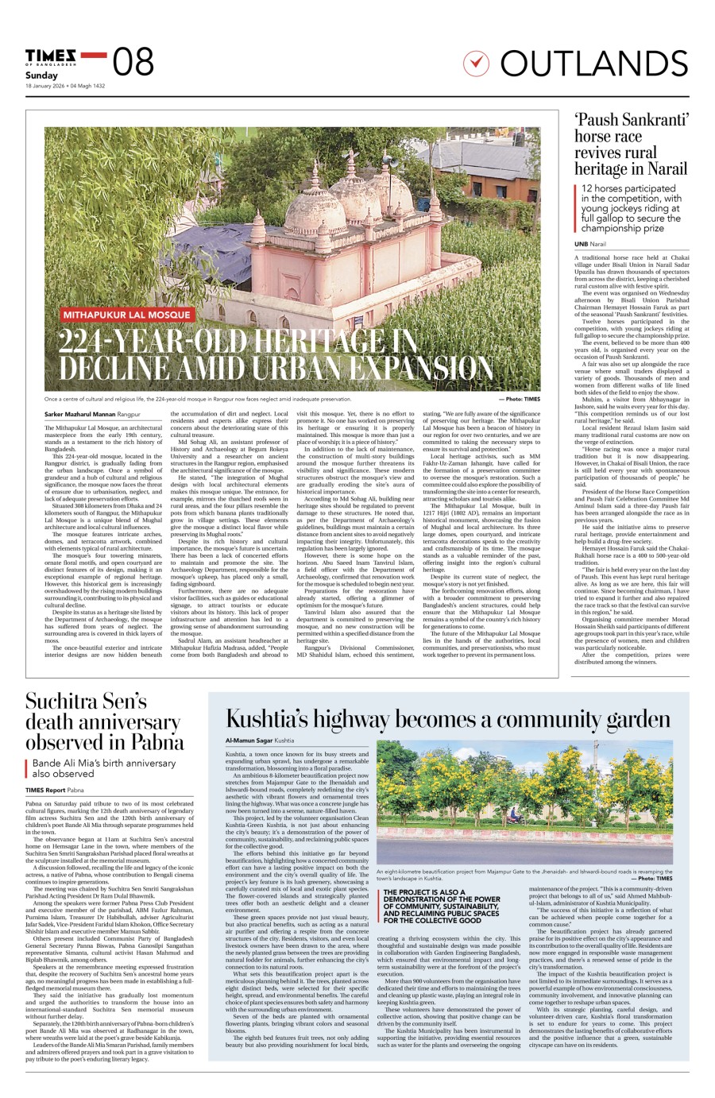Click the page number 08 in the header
tap(133, 62)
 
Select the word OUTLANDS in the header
tap(593, 64)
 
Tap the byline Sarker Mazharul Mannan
tap(80, 415)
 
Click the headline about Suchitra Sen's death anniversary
tap(103, 721)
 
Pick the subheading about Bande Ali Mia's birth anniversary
tap(103, 767)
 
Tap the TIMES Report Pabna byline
tap(55, 791)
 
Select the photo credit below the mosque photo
tap(520, 399)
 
